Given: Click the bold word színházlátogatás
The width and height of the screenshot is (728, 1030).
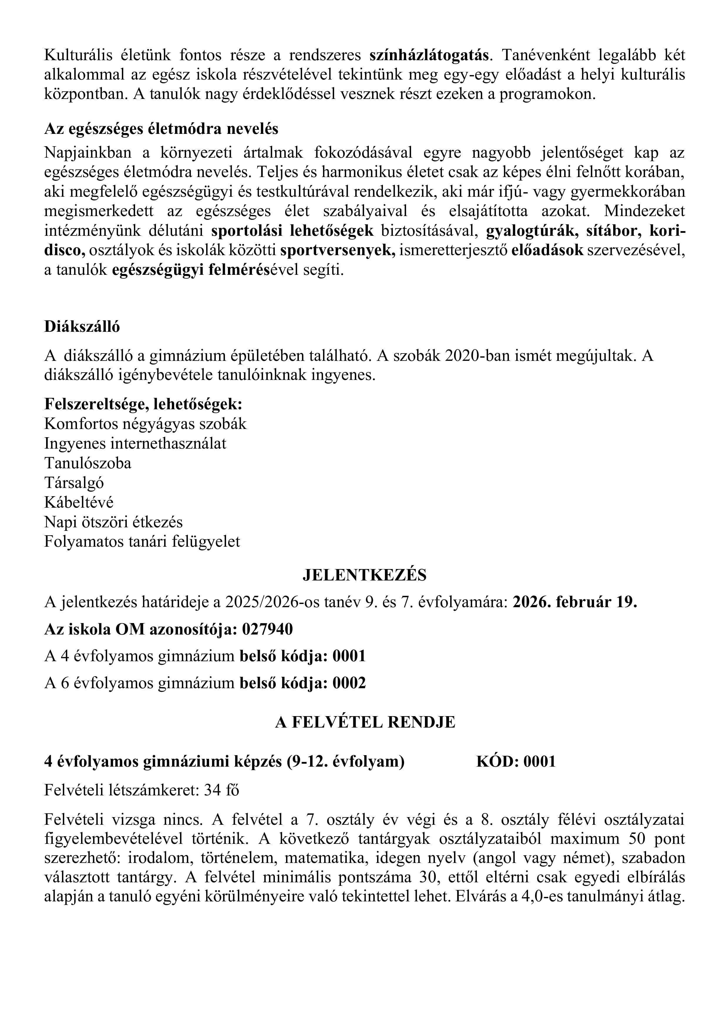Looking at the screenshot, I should [429, 55].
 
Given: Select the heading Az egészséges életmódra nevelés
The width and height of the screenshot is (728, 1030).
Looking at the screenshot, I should [161, 129].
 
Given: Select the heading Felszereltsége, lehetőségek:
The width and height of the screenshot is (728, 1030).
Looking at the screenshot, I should [143, 404].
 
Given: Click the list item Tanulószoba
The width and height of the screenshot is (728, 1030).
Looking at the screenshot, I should [88, 463].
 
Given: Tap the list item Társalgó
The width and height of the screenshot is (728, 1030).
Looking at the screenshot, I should [74, 483].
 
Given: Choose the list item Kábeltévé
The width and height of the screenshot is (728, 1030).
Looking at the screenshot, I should [79, 502].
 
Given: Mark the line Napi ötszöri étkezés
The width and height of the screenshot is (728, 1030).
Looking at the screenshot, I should [113, 522].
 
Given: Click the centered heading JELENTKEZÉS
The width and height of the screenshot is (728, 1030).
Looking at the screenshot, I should [364, 575].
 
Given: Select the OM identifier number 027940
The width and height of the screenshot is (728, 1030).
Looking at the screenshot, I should [267, 630].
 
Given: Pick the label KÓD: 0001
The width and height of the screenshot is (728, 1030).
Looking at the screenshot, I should [516, 762].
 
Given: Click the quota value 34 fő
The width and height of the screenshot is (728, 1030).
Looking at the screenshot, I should [222, 790].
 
